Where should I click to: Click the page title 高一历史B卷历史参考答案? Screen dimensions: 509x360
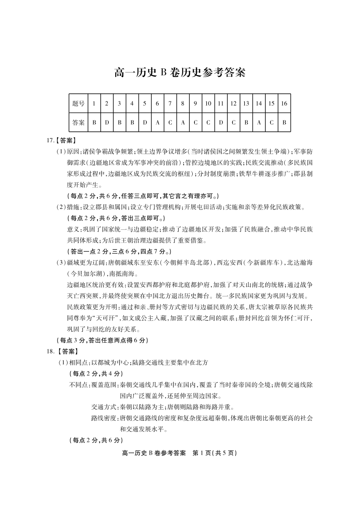coord(180,73)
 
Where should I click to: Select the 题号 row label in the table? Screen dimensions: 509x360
coord(78,103)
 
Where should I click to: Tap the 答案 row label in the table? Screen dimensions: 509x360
coord(78,122)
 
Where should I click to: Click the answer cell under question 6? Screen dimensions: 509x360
coord(157,122)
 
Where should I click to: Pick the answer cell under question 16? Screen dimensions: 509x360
coord(284,122)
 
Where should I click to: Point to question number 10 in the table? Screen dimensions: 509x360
coord(208,103)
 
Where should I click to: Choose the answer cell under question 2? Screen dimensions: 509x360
coord(107,122)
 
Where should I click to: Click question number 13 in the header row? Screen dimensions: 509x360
coord(246,103)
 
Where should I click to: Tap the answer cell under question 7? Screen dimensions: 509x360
coord(170,122)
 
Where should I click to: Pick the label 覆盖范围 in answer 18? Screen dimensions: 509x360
coord(103,384)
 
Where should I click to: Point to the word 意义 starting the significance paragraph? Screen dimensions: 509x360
coord(73,229)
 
